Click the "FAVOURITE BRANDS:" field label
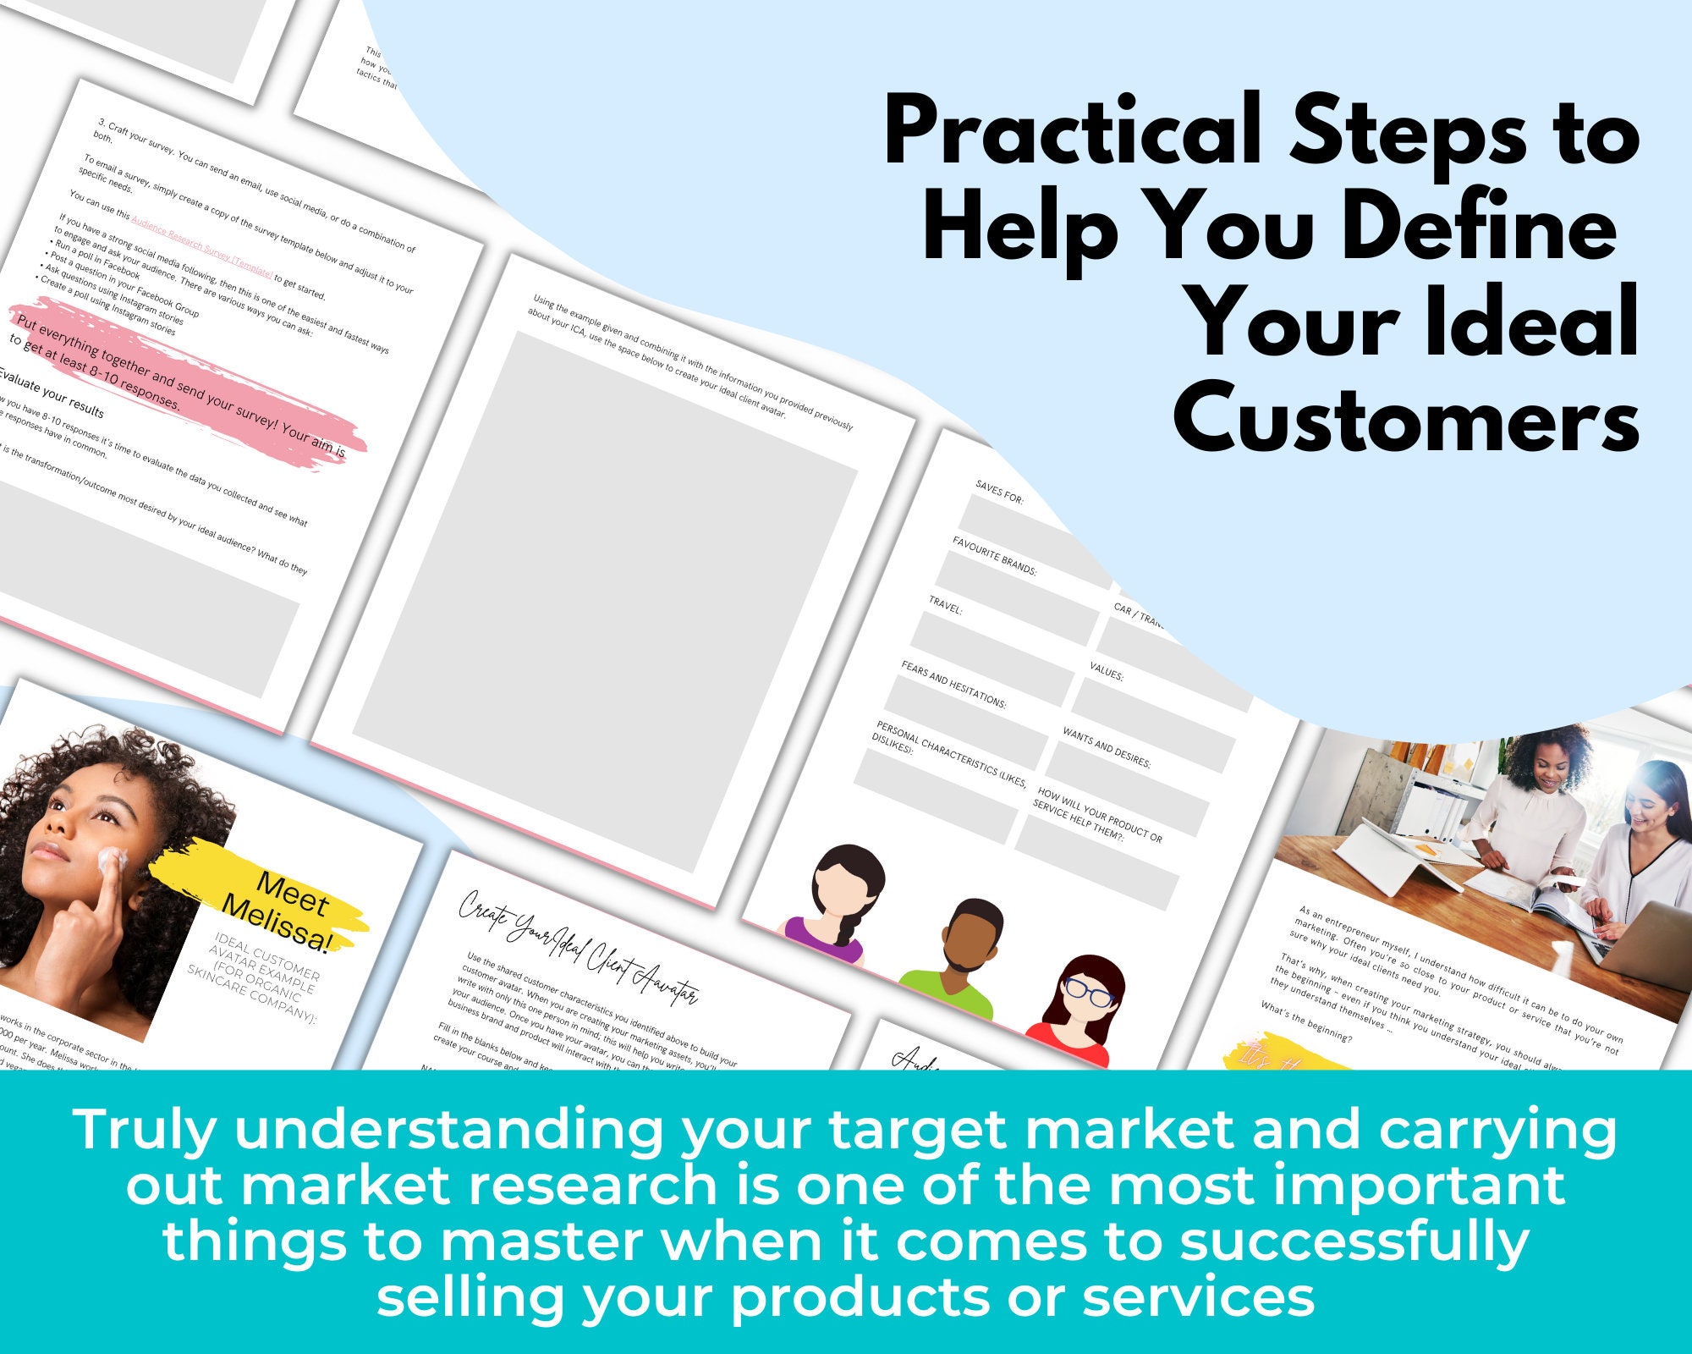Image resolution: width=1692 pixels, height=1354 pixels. pyautogui.click(x=994, y=555)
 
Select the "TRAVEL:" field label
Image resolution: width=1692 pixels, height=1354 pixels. pyautogui.click(x=945, y=604)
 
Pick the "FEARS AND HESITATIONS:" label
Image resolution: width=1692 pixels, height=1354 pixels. pyautogui.click(x=953, y=684)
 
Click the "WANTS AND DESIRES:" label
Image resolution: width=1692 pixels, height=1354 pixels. pyautogui.click(x=1106, y=747)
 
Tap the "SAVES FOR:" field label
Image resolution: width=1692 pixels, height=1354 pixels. pyautogui.click(x=999, y=492)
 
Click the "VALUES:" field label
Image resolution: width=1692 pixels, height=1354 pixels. pyautogui.click(x=1106, y=671)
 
